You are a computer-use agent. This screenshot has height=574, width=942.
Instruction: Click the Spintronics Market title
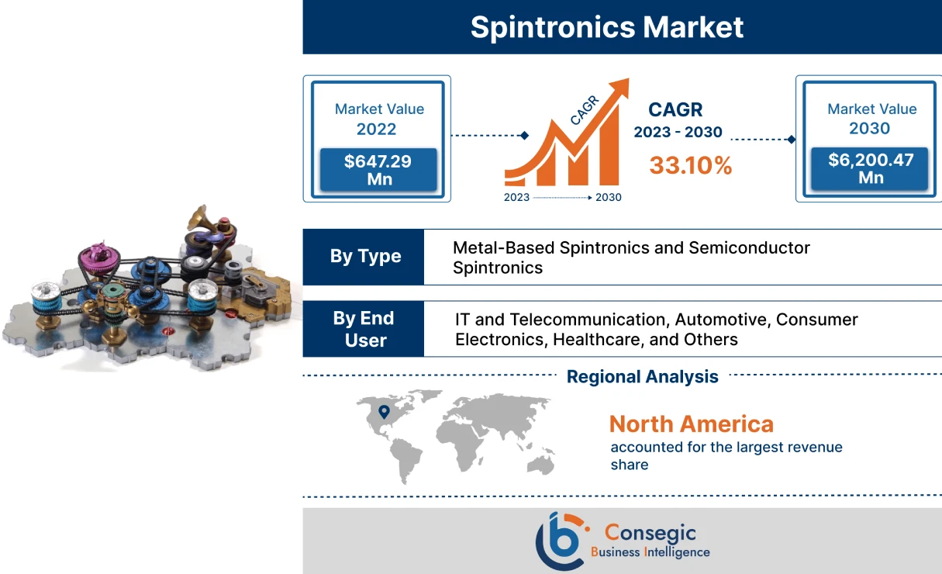(x=606, y=27)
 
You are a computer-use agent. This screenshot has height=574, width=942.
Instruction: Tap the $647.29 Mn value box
(x=378, y=170)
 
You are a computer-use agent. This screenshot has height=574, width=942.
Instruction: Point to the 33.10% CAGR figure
(x=690, y=165)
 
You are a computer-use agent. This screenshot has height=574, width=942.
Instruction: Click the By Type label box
(x=364, y=257)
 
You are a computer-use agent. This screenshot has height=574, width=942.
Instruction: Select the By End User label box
(x=364, y=329)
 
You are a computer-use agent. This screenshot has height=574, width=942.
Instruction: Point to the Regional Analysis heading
(x=642, y=377)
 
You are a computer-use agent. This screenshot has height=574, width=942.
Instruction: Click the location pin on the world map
(x=383, y=413)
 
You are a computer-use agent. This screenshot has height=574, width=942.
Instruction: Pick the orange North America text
(x=691, y=424)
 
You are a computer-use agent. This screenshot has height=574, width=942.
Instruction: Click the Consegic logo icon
(x=560, y=541)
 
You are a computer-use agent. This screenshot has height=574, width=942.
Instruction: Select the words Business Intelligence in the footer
(x=650, y=552)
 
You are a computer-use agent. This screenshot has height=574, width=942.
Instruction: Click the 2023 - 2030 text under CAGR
(x=677, y=133)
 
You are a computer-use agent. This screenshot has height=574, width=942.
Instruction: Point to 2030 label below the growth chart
(x=608, y=198)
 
